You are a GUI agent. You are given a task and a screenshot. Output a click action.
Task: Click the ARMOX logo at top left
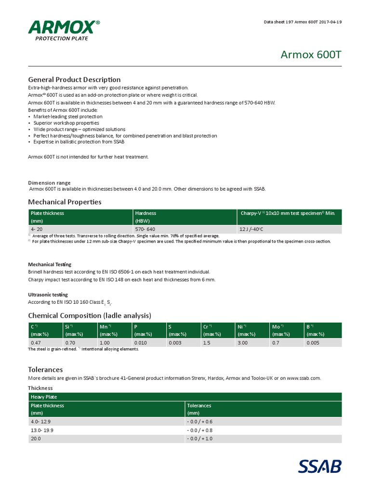[64, 30]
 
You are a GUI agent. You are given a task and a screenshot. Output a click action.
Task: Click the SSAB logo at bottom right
[319, 467]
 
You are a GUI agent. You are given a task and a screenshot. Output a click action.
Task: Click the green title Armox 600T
[311, 54]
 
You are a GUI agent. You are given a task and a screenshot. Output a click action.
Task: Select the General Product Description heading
[74, 79]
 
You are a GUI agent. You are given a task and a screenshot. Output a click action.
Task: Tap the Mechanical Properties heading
[65, 202]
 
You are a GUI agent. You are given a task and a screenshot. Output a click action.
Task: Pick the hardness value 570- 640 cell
[145, 229]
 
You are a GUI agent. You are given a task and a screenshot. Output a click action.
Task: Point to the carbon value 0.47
[36, 343]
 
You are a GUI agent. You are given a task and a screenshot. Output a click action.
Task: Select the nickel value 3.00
[242, 343]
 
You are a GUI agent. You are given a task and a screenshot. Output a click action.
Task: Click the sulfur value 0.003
[175, 343]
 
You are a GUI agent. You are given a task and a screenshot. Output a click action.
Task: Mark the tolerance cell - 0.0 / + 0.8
[200, 430]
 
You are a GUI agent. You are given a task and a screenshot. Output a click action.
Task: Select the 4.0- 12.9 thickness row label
[41, 421]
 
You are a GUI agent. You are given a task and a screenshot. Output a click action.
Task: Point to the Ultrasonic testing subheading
[48, 295]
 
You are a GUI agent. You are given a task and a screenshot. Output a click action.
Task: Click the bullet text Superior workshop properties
[66, 123]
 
